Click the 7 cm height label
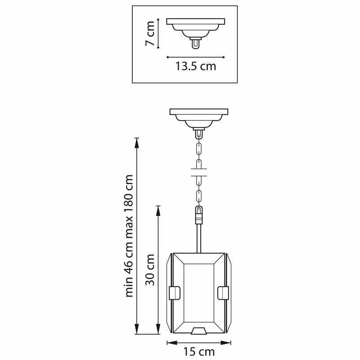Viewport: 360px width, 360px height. (x=150, y=33)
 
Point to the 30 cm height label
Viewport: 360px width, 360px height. (x=150, y=270)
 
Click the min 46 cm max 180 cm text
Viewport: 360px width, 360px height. (x=130, y=236)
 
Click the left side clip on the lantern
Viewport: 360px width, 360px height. (x=174, y=292)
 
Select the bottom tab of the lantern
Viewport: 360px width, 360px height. (x=198, y=331)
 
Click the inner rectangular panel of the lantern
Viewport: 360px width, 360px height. (x=198, y=295)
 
